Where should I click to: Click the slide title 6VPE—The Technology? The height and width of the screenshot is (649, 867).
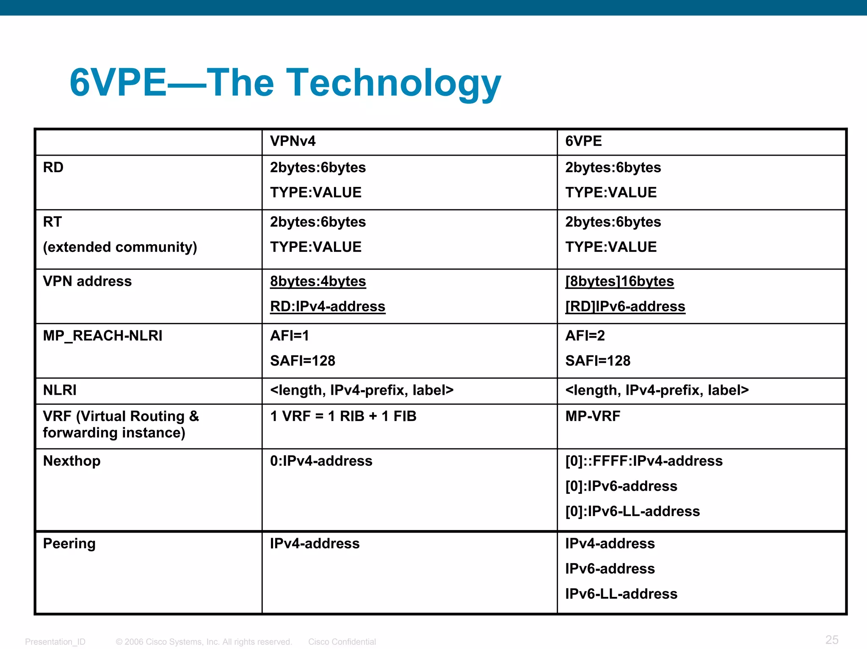[285, 83]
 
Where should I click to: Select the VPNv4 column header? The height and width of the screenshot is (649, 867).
[293, 141]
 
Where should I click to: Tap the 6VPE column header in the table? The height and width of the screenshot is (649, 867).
[583, 141]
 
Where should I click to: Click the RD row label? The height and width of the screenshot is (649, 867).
[53, 168]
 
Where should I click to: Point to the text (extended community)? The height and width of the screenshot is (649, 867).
[120, 247]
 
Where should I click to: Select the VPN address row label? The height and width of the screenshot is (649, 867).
[87, 281]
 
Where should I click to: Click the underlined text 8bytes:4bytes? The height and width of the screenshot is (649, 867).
[318, 281]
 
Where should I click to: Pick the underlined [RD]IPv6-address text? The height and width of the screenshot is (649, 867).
[625, 306]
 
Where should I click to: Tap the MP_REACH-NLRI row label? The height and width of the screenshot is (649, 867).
[102, 336]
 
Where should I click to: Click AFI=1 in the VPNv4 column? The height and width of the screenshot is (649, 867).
[290, 336]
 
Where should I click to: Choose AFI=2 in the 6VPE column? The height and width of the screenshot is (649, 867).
[585, 336]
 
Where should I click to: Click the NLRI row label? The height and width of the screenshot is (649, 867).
[60, 390]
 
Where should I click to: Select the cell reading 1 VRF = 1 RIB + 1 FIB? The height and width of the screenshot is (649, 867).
[343, 416]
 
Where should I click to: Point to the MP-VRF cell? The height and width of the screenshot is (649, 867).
[592, 416]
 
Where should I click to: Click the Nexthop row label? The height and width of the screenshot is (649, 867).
[72, 461]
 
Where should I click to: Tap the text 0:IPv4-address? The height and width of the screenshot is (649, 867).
[321, 461]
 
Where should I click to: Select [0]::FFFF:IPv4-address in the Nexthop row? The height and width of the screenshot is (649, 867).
[643, 461]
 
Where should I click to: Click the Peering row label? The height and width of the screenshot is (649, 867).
[69, 544]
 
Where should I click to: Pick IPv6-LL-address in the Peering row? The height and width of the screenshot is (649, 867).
[621, 594]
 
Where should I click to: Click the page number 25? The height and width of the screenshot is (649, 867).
[831, 640]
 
